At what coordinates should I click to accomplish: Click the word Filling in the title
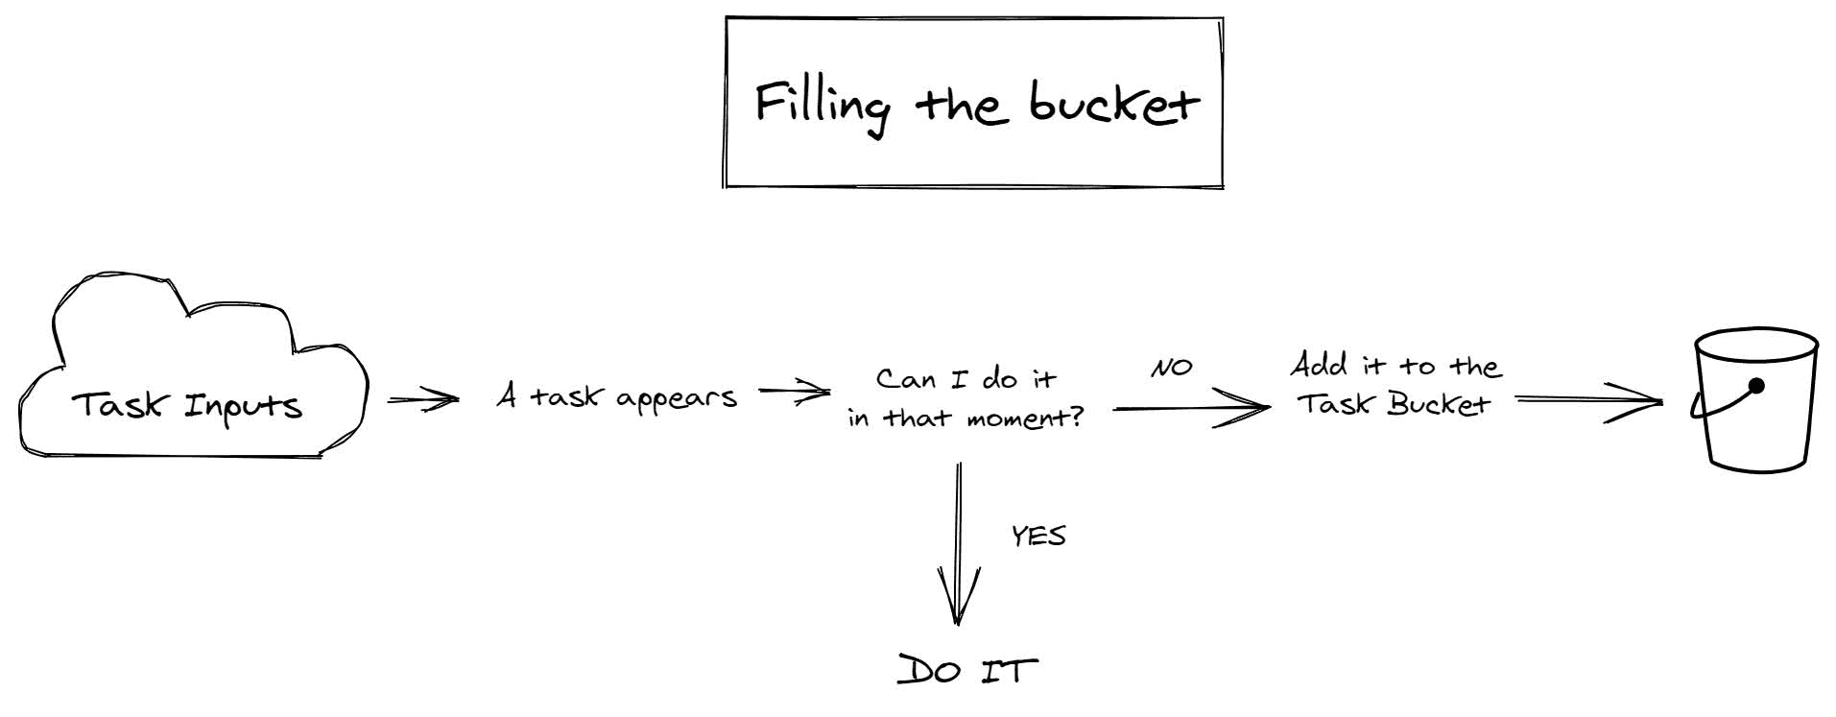pos(823,107)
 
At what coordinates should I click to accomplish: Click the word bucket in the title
pos(1114,103)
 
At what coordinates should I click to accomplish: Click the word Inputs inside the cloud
pos(244,407)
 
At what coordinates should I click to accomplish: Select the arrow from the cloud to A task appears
pos(423,399)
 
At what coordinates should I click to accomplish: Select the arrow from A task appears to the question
pos(795,392)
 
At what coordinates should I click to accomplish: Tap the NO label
pos(1172,367)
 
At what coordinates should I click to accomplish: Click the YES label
pos(1038,536)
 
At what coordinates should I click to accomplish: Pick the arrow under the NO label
pos(1191,408)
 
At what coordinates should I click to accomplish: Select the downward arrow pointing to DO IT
pos(959,543)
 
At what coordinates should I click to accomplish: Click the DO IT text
pos(967,670)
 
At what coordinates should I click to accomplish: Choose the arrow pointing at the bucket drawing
pos(1589,401)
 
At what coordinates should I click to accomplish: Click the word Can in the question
pos(906,379)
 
